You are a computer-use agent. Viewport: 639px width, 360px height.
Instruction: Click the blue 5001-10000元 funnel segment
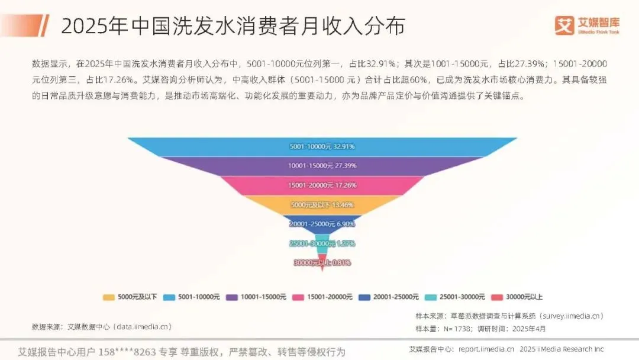point(322,146)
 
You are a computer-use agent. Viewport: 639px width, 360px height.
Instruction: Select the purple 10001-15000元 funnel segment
point(322,166)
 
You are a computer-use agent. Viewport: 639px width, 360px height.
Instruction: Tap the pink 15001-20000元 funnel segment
point(322,185)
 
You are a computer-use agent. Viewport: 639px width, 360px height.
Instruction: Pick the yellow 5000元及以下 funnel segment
point(322,205)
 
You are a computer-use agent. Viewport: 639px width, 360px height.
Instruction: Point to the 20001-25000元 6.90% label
point(322,224)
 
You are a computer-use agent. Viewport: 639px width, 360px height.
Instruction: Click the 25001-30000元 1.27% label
point(322,243)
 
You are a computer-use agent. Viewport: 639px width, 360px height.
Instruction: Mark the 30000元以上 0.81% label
point(322,262)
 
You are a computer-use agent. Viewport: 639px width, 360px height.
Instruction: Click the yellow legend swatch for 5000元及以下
point(108,297)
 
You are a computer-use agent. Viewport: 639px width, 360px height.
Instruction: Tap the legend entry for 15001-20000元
point(324,297)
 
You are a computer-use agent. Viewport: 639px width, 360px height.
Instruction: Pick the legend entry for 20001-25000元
point(390,297)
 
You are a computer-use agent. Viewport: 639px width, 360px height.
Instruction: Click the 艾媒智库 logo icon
point(565,25)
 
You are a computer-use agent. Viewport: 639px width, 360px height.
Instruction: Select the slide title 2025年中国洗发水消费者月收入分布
point(233,27)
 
